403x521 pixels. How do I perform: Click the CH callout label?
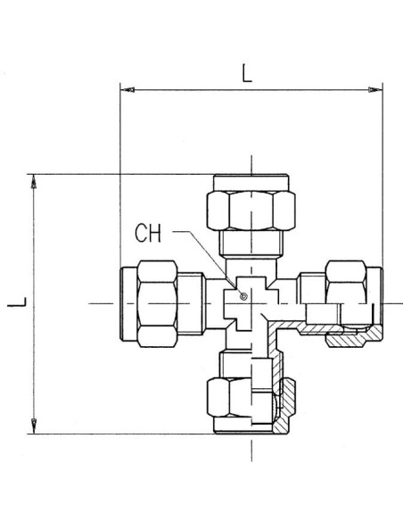pos(148,233)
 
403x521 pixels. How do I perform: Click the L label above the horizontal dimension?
pos(247,73)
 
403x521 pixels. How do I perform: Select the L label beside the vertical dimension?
pos(17,302)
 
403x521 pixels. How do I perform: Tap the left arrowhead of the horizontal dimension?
pos(127,90)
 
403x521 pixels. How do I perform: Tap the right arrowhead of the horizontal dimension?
pos(375,90)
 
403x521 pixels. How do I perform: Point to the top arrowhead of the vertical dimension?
pos(34,181)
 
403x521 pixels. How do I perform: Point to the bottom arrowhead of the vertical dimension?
pos(34,426)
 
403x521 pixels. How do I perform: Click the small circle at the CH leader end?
pos(243,296)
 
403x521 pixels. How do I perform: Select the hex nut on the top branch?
pos(251,211)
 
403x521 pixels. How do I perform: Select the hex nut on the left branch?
pos(157,303)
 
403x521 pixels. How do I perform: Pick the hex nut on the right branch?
pos(346,283)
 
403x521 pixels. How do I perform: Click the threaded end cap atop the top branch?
pos(251,182)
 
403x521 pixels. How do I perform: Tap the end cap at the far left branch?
pos(128,303)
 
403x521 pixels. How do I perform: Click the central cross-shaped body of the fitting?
pos(251,303)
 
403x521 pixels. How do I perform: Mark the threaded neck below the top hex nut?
pos(251,244)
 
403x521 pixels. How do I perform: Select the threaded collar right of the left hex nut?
pos(191,303)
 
